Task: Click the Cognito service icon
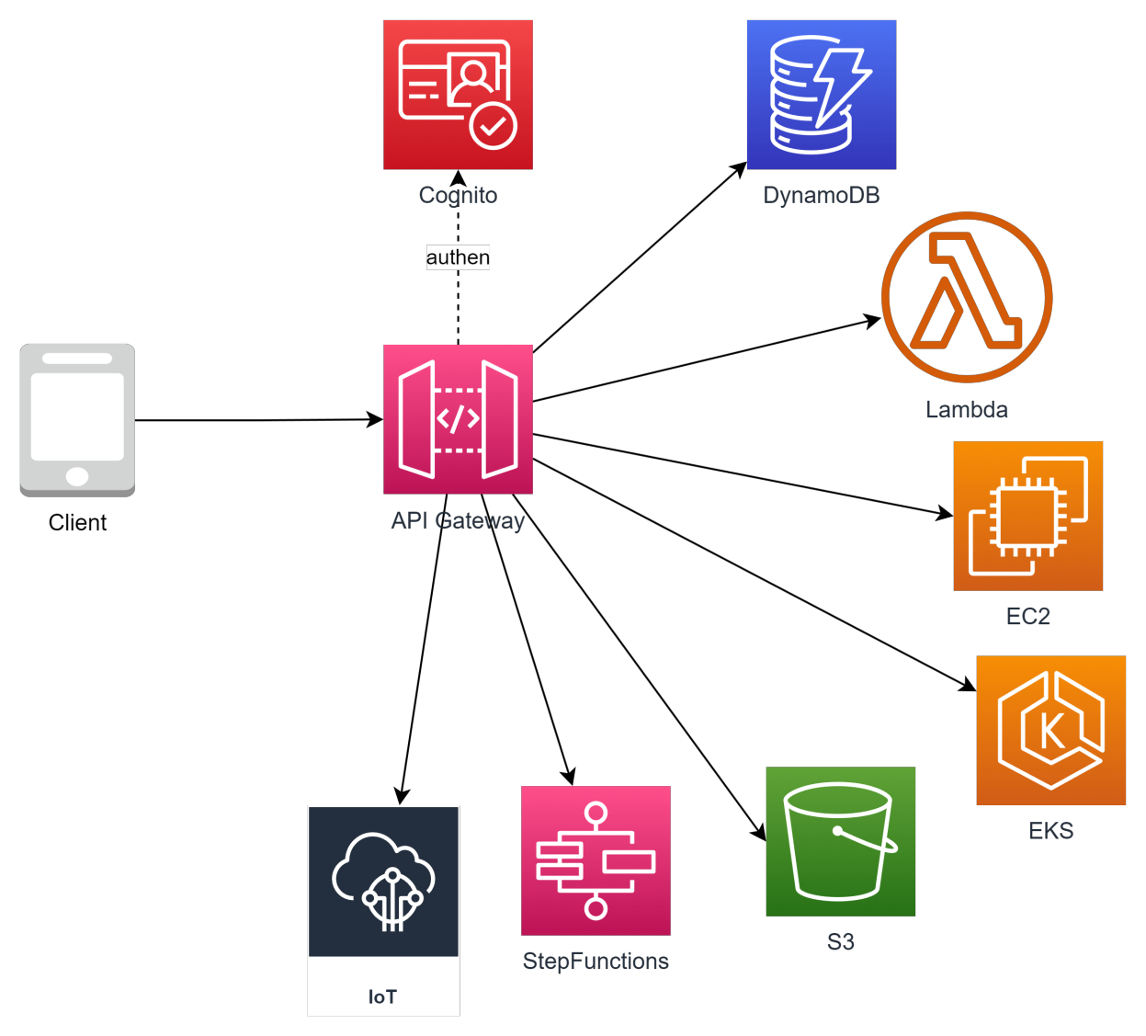click(458, 95)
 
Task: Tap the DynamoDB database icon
click(822, 95)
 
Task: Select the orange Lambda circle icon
click(967, 297)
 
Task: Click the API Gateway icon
click(458, 419)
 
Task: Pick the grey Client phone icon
click(77, 419)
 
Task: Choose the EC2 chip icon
click(1027, 516)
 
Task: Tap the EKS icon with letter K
click(1050, 730)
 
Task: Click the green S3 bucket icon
click(840, 841)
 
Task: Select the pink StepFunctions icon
click(596, 860)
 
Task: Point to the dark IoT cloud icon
click(383, 882)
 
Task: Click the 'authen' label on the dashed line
click(458, 257)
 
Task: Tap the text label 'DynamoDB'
click(822, 195)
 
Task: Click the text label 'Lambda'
click(967, 409)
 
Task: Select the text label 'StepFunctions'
click(596, 961)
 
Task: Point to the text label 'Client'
click(77, 522)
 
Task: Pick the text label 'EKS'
click(1050, 830)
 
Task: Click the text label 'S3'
click(840, 941)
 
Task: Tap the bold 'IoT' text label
click(382, 996)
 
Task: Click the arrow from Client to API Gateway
click(257, 420)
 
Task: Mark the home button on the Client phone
click(77, 476)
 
